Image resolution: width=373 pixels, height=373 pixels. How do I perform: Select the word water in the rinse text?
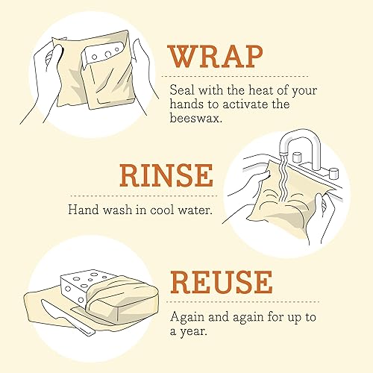[194, 210]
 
